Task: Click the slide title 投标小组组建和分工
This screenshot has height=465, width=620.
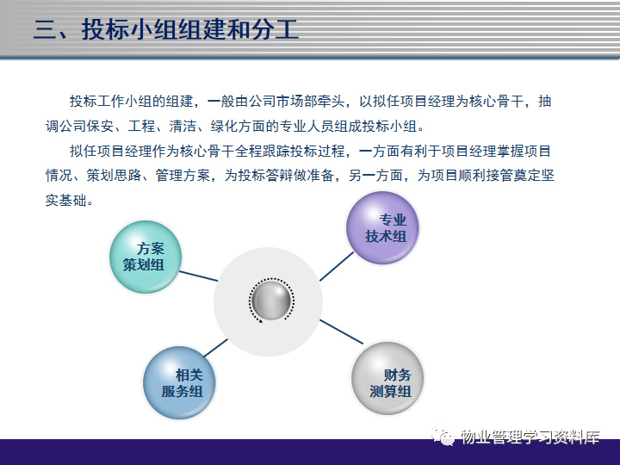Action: tap(189, 29)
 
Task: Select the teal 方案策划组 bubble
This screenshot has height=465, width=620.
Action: tap(146, 257)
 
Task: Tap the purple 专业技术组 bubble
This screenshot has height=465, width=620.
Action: tap(382, 228)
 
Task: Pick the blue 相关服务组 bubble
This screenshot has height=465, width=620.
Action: tap(179, 382)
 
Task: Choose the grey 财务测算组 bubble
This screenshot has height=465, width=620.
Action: tap(387, 378)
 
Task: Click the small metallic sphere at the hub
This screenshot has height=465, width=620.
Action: tap(271, 301)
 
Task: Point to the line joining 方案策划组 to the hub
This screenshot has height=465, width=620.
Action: tap(199, 276)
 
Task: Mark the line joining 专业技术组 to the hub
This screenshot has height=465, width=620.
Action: tap(337, 266)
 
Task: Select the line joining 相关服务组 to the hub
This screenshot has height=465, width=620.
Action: tap(216, 348)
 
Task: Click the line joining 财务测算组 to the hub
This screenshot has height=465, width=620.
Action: tap(341, 332)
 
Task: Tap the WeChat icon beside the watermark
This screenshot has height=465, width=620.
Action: tap(443, 436)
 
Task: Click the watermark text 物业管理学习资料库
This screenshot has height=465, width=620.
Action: tap(530, 437)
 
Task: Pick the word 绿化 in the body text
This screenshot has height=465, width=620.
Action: tap(224, 126)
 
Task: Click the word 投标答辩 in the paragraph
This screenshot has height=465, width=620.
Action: tap(265, 175)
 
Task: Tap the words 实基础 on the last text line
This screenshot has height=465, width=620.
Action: tap(65, 200)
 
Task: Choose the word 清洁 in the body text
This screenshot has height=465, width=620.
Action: tap(183, 126)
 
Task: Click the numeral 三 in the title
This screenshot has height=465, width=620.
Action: tap(45, 29)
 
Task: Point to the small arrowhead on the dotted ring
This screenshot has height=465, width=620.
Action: tap(261, 321)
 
